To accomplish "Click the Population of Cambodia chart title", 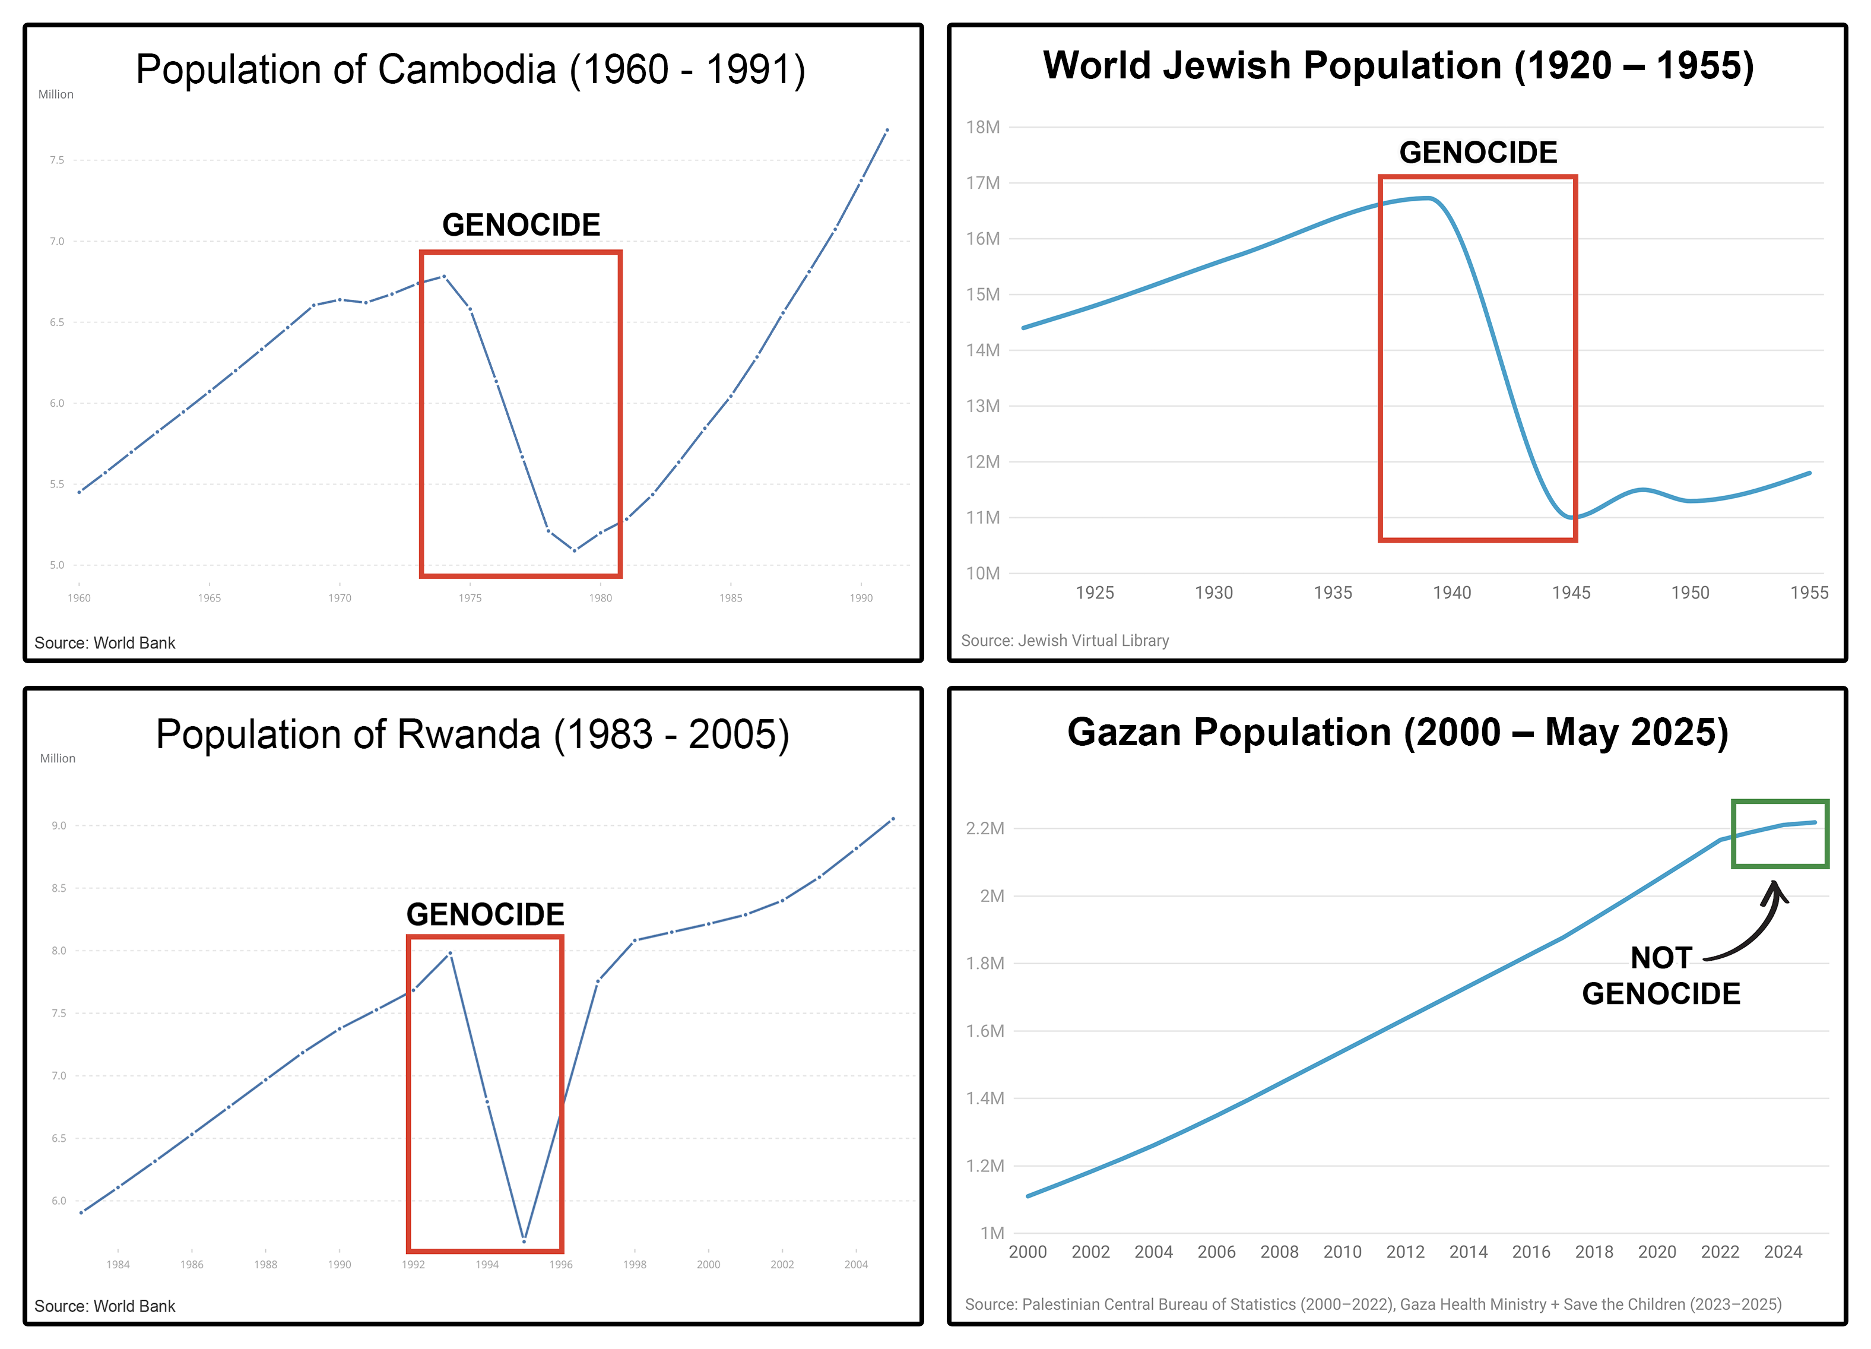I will coord(470,69).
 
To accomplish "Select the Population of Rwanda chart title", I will coord(472,734).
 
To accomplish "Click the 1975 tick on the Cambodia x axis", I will coord(470,598).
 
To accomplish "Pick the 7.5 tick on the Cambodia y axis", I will coord(56,160).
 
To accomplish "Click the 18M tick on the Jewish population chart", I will coord(982,127).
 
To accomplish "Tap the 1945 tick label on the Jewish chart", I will coord(1571,593).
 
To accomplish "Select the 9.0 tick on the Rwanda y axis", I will coord(59,826).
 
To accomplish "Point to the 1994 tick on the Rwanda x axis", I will coord(487,1265).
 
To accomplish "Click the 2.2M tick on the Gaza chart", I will coord(985,828).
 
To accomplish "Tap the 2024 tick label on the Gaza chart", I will coord(1783,1252).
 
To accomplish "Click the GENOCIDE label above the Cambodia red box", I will coord(521,224).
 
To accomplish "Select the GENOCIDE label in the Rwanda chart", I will coord(485,914).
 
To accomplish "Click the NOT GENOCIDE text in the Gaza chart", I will coord(1661,976).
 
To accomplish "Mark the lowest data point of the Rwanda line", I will coord(524,1240).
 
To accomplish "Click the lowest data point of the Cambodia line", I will coord(574,550).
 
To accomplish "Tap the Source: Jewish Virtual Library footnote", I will coord(1064,640).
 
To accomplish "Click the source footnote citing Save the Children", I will coord(1373,1304).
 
